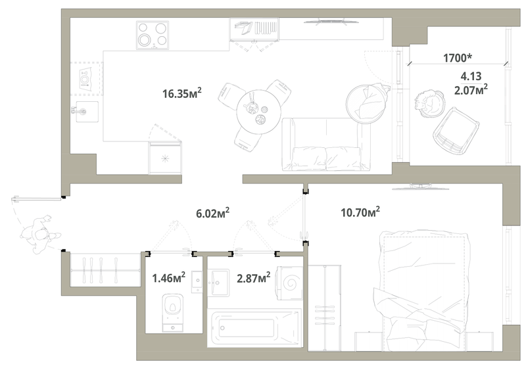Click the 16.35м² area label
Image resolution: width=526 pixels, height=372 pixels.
point(182,93)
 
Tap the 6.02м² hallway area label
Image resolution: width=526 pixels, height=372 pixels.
point(212,213)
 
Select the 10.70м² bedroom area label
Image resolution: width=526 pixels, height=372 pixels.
point(360,212)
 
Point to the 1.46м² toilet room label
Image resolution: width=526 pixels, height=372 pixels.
point(169,278)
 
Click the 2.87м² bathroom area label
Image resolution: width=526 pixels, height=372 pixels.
point(254,278)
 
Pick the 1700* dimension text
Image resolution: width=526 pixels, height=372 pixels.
point(458,58)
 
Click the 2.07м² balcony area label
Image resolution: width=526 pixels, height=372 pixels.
point(471,89)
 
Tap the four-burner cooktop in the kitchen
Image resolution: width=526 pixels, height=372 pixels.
point(153,35)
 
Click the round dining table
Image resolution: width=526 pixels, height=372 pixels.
point(258,112)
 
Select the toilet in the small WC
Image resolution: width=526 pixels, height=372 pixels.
point(173,313)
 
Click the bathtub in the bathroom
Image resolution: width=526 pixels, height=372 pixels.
point(254,328)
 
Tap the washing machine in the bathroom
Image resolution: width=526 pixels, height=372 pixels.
point(289,283)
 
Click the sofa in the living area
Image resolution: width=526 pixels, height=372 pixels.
point(325,144)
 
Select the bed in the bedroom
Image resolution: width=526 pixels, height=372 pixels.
point(424,291)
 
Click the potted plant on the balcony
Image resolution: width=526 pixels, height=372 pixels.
point(429,103)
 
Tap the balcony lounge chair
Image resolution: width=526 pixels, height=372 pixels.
point(456,131)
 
